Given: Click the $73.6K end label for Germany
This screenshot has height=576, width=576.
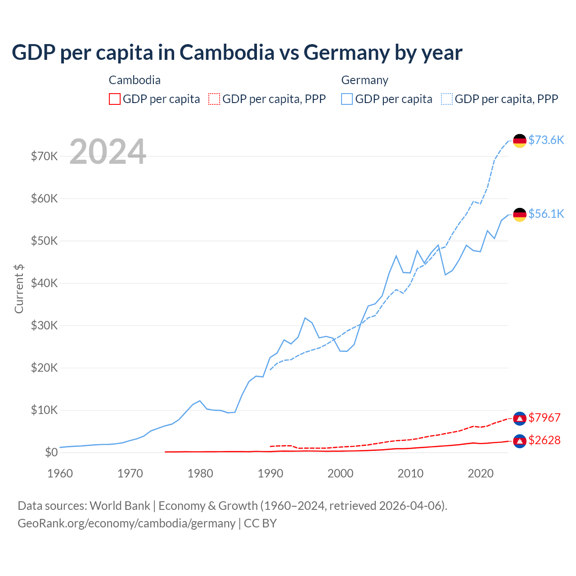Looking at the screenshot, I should (546, 140).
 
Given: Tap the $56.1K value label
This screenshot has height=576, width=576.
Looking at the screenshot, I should (546, 214).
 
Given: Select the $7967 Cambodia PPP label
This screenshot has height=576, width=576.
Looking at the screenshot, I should (544, 418).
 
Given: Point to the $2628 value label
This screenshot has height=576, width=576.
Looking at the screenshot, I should (544, 440).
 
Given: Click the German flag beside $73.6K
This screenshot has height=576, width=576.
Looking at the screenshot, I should (520, 141).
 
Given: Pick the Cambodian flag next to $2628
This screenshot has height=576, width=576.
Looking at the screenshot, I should (520, 441).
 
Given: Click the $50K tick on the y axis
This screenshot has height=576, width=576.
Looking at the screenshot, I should (44, 241).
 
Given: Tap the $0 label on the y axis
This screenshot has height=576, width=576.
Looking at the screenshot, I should (51, 453).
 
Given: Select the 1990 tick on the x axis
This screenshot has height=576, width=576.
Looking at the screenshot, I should (270, 473).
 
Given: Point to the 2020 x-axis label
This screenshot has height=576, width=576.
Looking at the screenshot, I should (481, 473).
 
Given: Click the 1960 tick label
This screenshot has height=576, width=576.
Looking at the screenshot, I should (60, 473).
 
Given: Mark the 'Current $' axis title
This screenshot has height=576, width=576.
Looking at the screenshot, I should (19, 289).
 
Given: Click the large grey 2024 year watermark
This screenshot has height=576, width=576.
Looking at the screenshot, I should (108, 152).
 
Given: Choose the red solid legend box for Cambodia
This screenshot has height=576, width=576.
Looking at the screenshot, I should (115, 99).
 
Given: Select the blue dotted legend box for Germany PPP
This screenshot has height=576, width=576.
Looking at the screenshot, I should (447, 99).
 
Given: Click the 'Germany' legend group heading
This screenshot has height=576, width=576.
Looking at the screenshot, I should (364, 80).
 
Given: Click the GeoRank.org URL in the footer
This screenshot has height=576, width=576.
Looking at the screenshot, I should (126, 523).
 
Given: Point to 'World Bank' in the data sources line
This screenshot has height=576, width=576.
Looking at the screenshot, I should (120, 506).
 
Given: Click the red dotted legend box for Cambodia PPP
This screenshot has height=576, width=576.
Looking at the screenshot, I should (214, 99).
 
